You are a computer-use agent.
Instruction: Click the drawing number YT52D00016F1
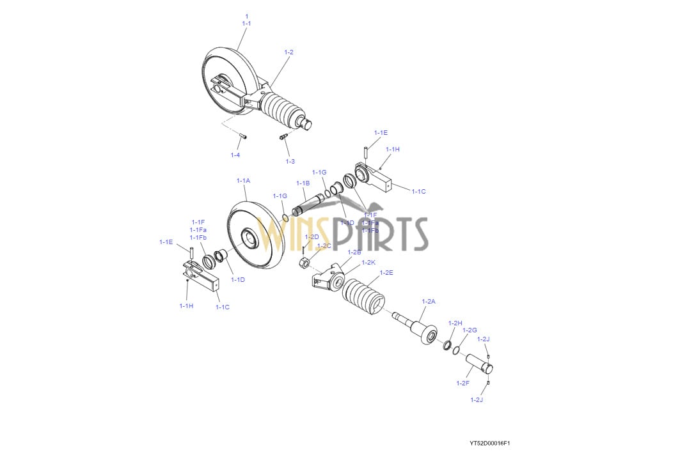pyautogui.click(x=489, y=443)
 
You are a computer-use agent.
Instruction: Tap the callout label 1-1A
pyautogui.click(x=243, y=181)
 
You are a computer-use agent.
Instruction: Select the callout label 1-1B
pyautogui.click(x=303, y=183)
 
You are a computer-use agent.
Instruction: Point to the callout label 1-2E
pyautogui.click(x=386, y=272)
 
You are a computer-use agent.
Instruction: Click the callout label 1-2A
pyautogui.click(x=428, y=300)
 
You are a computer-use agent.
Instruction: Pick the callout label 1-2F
pyautogui.click(x=463, y=383)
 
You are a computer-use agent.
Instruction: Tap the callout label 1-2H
pyautogui.click(x=455, y=323)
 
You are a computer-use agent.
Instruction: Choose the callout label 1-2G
pyautogui.click(x=470, y=330)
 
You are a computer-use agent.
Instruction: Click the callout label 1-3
pyautogui.click(x=290, y=161)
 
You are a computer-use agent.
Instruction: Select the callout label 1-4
pyautogui.click(x=235, y=155)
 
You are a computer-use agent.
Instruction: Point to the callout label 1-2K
pyautogui.click(x=368, y=262)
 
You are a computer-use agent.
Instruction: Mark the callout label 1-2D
pyautogui.click(x=312, y=237)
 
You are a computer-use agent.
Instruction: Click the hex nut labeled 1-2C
pyautogui.click(x=305, y=263)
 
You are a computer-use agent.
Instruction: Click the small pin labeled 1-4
pyautogui.click(x=244, y=135)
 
